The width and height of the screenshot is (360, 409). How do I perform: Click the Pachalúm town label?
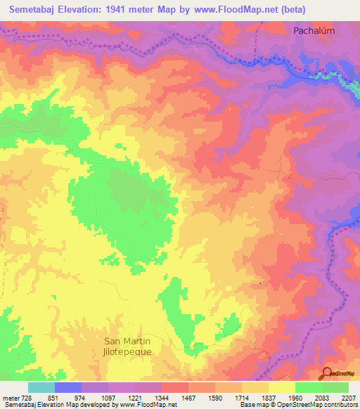click(314, 31)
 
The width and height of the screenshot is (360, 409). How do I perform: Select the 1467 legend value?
click(188, 397)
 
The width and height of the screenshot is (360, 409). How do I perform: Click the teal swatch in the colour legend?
click(41, 387)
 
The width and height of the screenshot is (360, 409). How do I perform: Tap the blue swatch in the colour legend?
click(67, 387)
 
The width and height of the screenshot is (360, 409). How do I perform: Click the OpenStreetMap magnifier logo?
click(327, 373)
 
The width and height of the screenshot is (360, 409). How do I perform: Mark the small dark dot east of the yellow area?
click(260, 283)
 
